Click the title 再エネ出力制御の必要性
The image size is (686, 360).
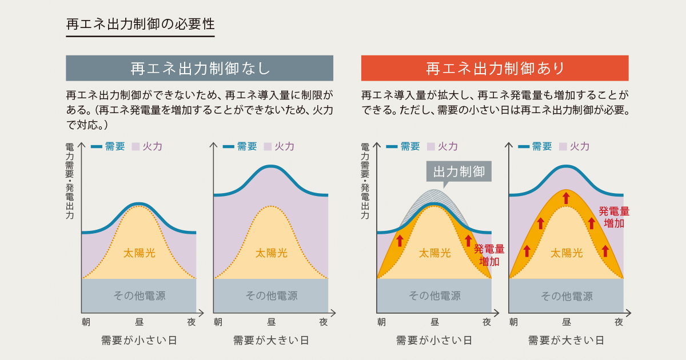(140, 25)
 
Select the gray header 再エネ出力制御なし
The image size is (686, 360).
(200, 68)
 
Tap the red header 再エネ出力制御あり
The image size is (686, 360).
(494, 68)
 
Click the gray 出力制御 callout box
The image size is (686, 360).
(459, 171)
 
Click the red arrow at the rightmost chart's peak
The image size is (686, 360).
(566, 198)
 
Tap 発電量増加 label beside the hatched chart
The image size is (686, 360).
(489, 255)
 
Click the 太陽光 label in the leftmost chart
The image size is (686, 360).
(139, 252)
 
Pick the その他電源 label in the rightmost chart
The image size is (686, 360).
(566, 295)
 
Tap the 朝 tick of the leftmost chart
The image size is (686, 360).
(86, 322)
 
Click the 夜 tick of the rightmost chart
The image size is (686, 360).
(619, 322)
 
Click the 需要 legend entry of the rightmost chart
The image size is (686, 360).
(535, 146)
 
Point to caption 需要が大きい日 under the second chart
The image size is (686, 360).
(271, 341)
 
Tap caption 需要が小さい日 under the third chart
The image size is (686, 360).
(434, 341)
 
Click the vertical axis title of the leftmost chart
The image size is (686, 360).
(70, 181)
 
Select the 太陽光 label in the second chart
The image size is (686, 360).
(271, 252)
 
